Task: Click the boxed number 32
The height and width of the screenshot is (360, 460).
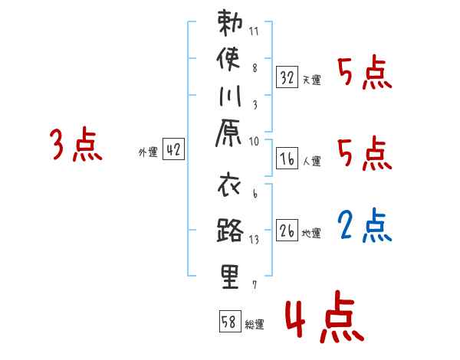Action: [x=287, y=77]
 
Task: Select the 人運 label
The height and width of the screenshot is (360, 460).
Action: [x=311, y=162]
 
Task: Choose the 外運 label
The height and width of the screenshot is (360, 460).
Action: [x=148, y=152]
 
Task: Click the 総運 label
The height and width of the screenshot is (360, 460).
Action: [x=255, y=325]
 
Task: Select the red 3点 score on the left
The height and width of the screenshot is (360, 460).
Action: [x=76, y=146]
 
